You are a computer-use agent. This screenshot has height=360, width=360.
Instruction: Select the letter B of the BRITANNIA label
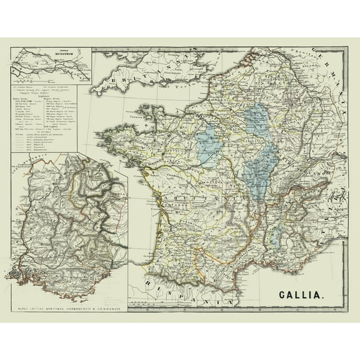pyautogui.click(x=111, y=77)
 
